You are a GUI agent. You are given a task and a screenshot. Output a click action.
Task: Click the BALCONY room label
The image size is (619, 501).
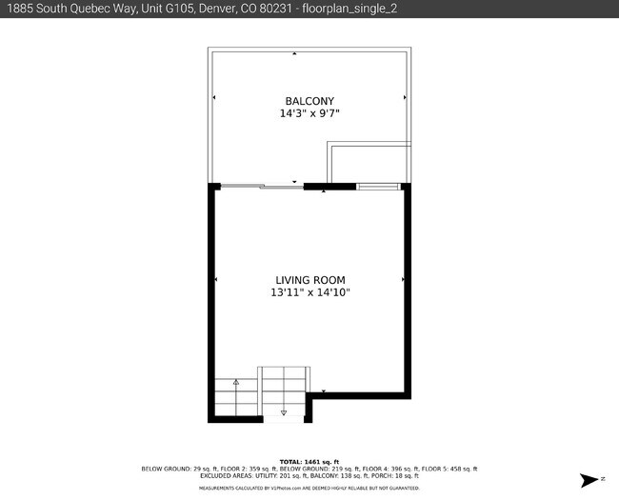point(309,101)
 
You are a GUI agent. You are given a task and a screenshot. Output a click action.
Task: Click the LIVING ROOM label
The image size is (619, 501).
point(309,280)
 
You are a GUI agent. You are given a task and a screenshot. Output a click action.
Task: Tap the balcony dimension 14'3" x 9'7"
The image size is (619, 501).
point(309,113)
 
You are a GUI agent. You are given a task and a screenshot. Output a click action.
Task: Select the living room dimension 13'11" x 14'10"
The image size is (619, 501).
point(309,292)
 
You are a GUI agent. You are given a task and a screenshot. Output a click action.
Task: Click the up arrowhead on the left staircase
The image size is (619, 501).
point(235,382)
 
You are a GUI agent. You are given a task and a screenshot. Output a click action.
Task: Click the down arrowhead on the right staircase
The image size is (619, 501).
point(284,412)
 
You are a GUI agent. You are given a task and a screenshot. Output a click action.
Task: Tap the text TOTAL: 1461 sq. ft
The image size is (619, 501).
point(309,461)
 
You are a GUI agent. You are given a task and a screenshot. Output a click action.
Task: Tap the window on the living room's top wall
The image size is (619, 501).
point(378,187)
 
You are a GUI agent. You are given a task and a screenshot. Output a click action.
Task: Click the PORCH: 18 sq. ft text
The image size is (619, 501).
point(400,475)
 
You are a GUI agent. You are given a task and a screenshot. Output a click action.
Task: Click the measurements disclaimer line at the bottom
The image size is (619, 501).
point(309,488)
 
